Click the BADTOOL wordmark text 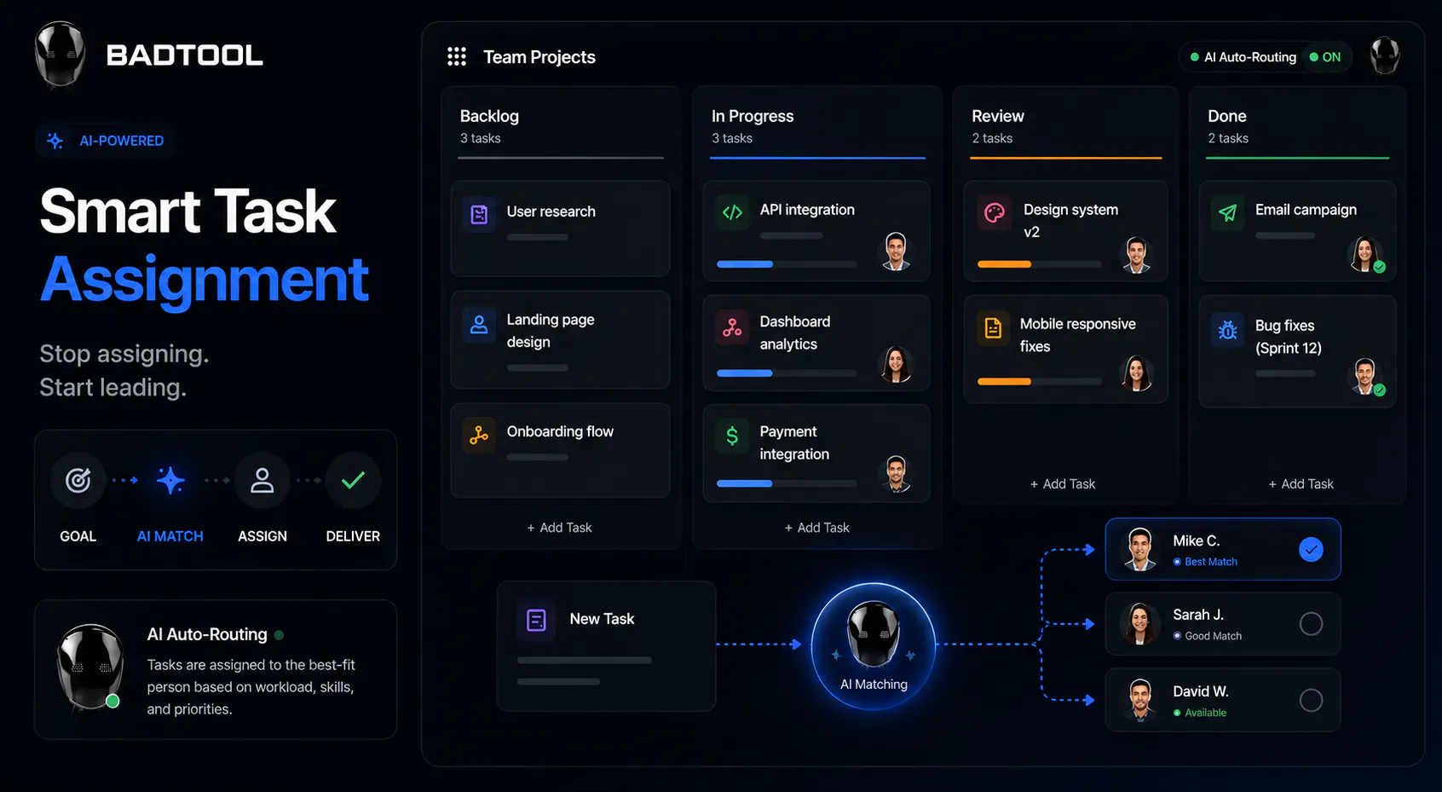pos(185,55)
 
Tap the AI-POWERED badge pos(106,141)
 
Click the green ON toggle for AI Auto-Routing pos(1325,57)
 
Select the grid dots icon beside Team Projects pos(457,56)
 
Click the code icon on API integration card pos(732,212)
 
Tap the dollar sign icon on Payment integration pos(732,436)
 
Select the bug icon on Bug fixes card pos(1227,330)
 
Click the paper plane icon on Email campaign pos(1227,212)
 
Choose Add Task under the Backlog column pos(559,528)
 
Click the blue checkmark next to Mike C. pos(1311,549)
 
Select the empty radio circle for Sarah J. pos(1311,623)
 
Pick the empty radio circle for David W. pos(1311,700)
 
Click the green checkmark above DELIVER pos(353,480)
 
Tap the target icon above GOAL pos(78,480)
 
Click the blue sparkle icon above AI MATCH pos(170,480)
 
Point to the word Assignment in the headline pos(205,280)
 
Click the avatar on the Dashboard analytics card pos(896,364)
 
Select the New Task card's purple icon pos(535,620)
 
